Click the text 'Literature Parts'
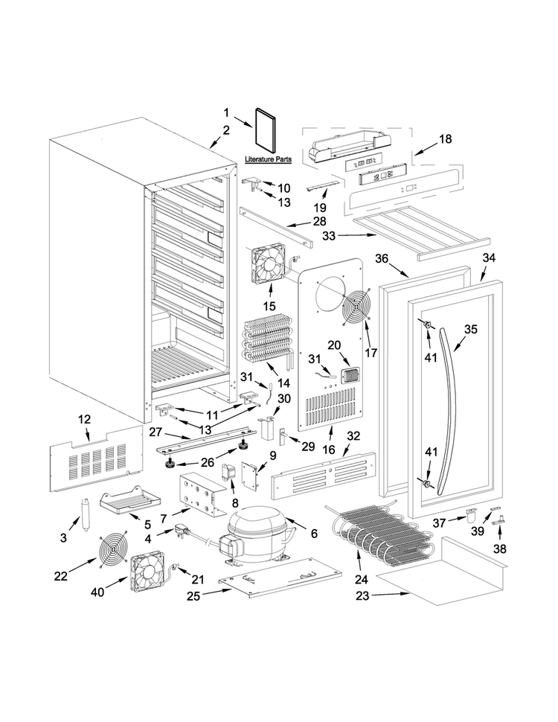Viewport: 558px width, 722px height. (268, 159)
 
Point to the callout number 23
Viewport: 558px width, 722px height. (362, 595)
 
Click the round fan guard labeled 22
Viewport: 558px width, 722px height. (113, 551)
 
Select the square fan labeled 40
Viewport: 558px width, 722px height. (148, 572)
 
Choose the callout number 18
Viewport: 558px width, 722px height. (445, 138)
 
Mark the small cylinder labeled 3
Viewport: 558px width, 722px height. (85, 514)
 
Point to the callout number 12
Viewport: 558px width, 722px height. (85, 420)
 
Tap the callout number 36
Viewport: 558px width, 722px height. (382, 259)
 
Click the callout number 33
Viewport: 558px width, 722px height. (329, 236)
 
